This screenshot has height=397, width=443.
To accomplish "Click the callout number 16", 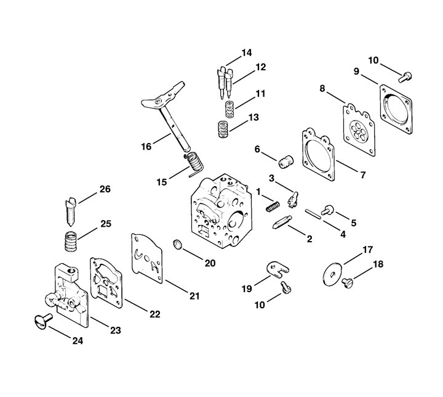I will [145, 146].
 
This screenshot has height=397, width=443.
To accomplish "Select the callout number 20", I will [210, 263].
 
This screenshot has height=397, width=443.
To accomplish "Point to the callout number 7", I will [362, 175].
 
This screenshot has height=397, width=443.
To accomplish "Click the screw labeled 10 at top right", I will [404, 78].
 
